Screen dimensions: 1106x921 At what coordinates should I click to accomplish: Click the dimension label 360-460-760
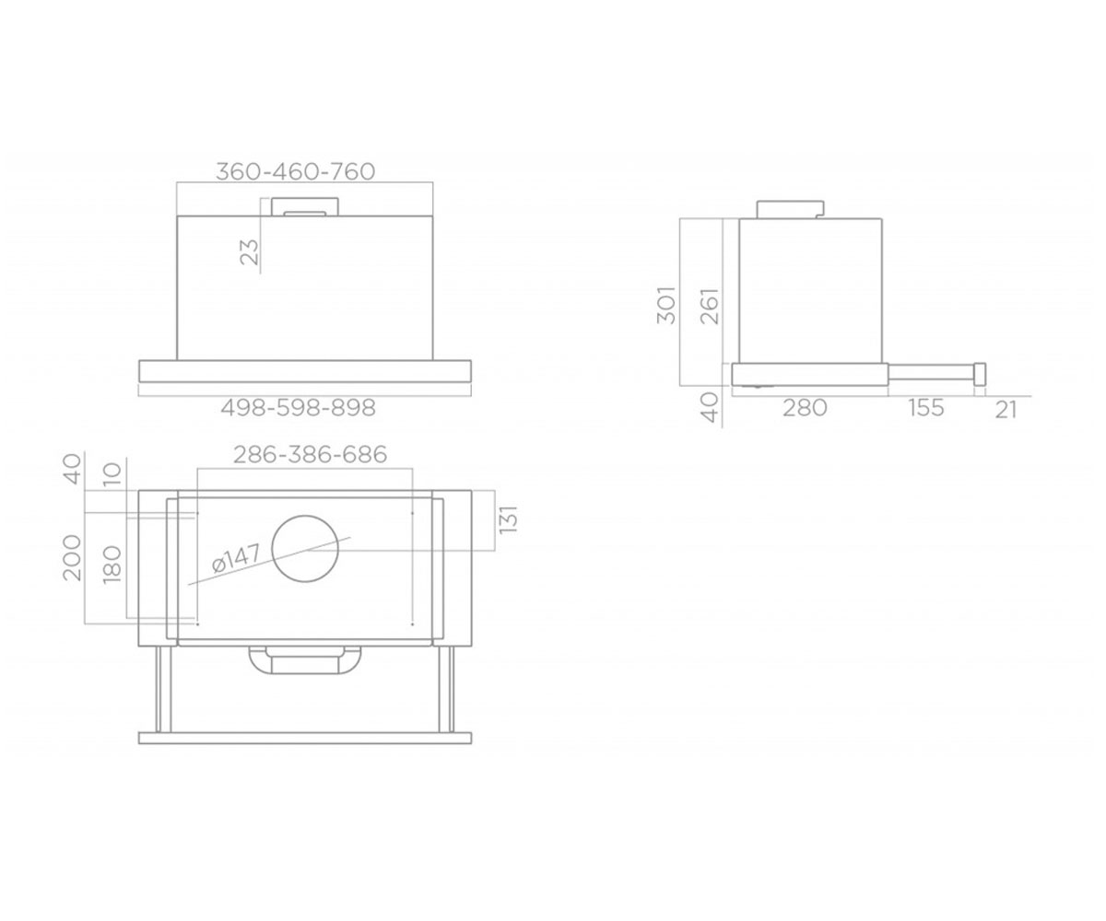[296, 171]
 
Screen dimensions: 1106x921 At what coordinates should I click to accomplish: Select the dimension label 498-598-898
[299, 408]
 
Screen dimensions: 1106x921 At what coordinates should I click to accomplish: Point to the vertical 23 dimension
[250, 252]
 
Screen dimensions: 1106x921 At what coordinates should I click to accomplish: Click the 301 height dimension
[666, 305]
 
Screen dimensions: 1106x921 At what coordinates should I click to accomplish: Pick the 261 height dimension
[710, 306]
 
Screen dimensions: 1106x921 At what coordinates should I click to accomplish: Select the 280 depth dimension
[805, 408]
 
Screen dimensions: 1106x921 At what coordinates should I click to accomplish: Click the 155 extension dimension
[926, 408]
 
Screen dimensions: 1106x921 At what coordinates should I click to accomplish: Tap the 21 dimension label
[1006, 410]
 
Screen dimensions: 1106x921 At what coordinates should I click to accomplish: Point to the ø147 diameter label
[236, 558]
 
